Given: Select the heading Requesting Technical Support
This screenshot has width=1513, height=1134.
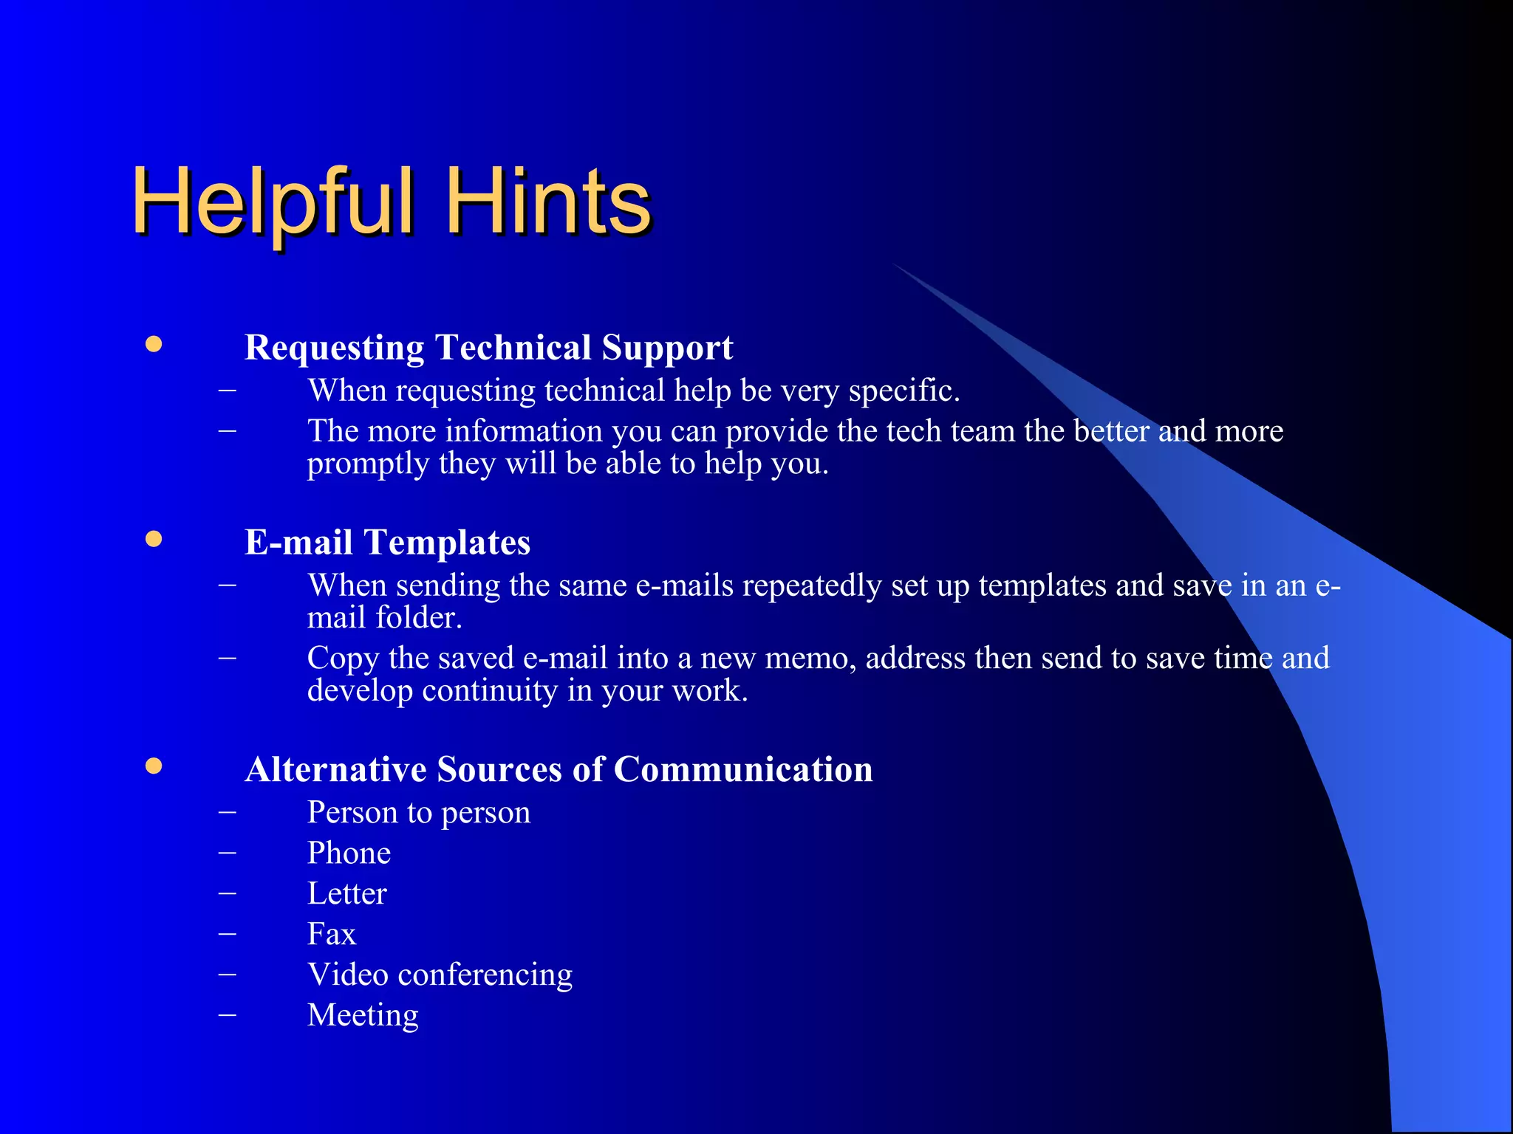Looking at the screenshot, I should click(x=488, y=347).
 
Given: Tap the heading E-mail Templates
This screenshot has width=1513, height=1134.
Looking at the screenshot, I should click(x=387, y=542).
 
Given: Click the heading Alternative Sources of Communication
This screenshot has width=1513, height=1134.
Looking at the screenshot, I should click(x=559, y=769).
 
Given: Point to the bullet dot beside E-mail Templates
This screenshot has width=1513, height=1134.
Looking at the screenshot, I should click(x=154, y=539).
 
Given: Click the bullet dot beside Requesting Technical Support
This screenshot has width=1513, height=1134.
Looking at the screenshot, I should click(x=154, y=344).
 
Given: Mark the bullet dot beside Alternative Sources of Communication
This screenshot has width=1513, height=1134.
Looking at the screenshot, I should click(x=154, y=766).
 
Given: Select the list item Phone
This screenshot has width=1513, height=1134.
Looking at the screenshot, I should click(x=349, y=853).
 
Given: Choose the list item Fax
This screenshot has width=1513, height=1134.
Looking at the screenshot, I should click(x=332, y=934).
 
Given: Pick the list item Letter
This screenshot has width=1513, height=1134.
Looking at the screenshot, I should click(x=346, y=893).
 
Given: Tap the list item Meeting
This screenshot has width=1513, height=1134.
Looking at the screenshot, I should click(x=363, y=1015).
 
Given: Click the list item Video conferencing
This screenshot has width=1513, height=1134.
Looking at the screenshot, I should click(x=440, y=975).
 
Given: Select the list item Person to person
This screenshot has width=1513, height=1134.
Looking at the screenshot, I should click(x=419, y=812).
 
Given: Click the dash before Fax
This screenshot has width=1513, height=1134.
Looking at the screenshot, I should click(x=228, y=934).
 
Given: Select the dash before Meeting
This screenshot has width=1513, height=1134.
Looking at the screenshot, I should click(x=228, y=1015).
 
